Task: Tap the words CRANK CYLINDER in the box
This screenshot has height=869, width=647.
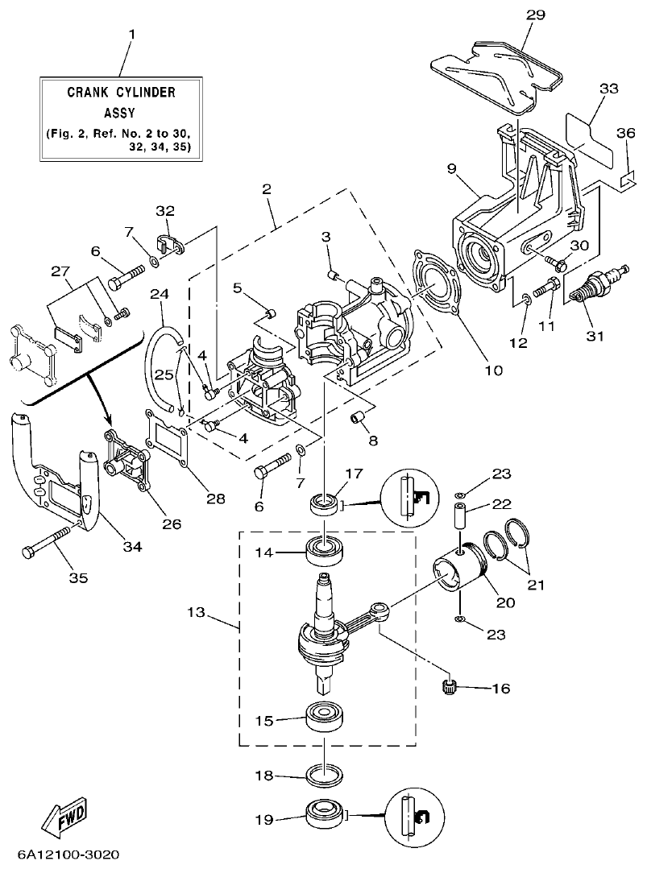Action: (x=121, y=93)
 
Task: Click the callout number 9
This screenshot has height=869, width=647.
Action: (x=451, y=168)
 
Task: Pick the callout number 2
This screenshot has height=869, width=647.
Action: (x=267, y=191)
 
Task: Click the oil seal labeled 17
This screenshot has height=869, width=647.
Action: (x=326, y=506)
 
